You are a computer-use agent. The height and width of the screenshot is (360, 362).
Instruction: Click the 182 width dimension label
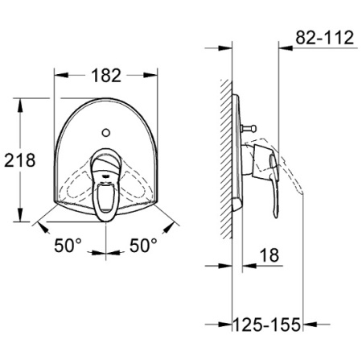106,76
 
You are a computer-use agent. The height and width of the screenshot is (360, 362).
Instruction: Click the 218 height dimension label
20,160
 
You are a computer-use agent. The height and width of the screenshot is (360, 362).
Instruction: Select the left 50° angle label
68,246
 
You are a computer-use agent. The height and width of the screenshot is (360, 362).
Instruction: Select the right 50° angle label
143,246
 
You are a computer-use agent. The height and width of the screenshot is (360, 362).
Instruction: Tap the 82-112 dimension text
325,38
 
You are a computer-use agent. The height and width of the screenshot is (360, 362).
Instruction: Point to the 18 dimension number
269,255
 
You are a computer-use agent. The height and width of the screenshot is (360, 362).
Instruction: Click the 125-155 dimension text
266,325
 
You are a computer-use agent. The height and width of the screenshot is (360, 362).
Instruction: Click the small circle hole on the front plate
106,132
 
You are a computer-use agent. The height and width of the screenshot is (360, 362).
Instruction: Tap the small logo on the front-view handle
105,176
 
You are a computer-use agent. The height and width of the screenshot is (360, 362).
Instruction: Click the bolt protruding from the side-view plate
249,129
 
